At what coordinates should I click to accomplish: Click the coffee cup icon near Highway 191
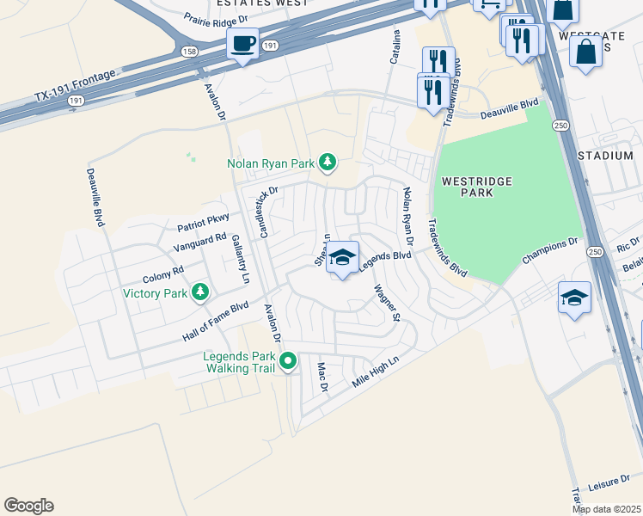pyautogui.click(x=242, y=43)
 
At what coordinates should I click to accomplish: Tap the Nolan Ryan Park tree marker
pyautogui.click(x=327, y=162)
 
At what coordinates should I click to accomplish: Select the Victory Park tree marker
pyautogui.click(x=199, y=293)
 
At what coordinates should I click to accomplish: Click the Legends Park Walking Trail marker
pyautogui.click(x=289, y=361)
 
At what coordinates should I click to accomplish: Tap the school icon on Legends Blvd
pyautogui.click(x=342, y=258)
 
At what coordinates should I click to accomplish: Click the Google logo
pyautogui.click(x=28, y=506)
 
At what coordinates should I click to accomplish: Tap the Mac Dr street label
pyautogui.click(x=323, y=378)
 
